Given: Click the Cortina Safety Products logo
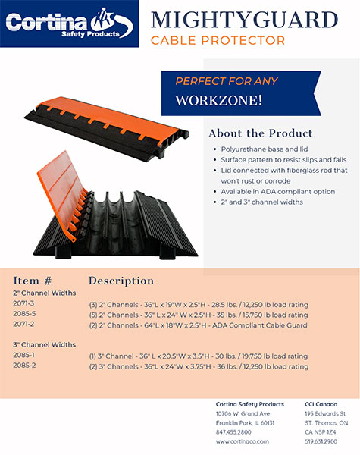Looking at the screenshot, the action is click(69, 24).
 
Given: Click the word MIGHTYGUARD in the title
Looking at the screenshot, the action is click(245, 20).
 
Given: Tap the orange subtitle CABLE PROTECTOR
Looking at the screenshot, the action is click(218, 41).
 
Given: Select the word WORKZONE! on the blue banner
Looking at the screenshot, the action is click(218, 100).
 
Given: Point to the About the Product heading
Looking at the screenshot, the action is click(261, 133).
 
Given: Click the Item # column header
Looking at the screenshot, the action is click(32, 281).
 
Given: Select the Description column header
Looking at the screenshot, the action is click(121, 281).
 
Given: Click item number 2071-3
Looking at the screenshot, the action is click(23, 303).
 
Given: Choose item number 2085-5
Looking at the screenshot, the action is click(24, 314).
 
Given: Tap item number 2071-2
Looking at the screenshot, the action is click(23, 324).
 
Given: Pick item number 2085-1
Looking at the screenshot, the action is click(23, 355).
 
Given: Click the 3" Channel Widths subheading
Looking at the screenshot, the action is click(45, 345).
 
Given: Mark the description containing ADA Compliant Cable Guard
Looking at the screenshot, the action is click(198, 325).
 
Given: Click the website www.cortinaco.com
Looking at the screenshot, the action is click(243, 441).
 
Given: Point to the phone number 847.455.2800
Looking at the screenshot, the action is click(233, 432).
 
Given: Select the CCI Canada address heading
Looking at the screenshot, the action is click(321, 404).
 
